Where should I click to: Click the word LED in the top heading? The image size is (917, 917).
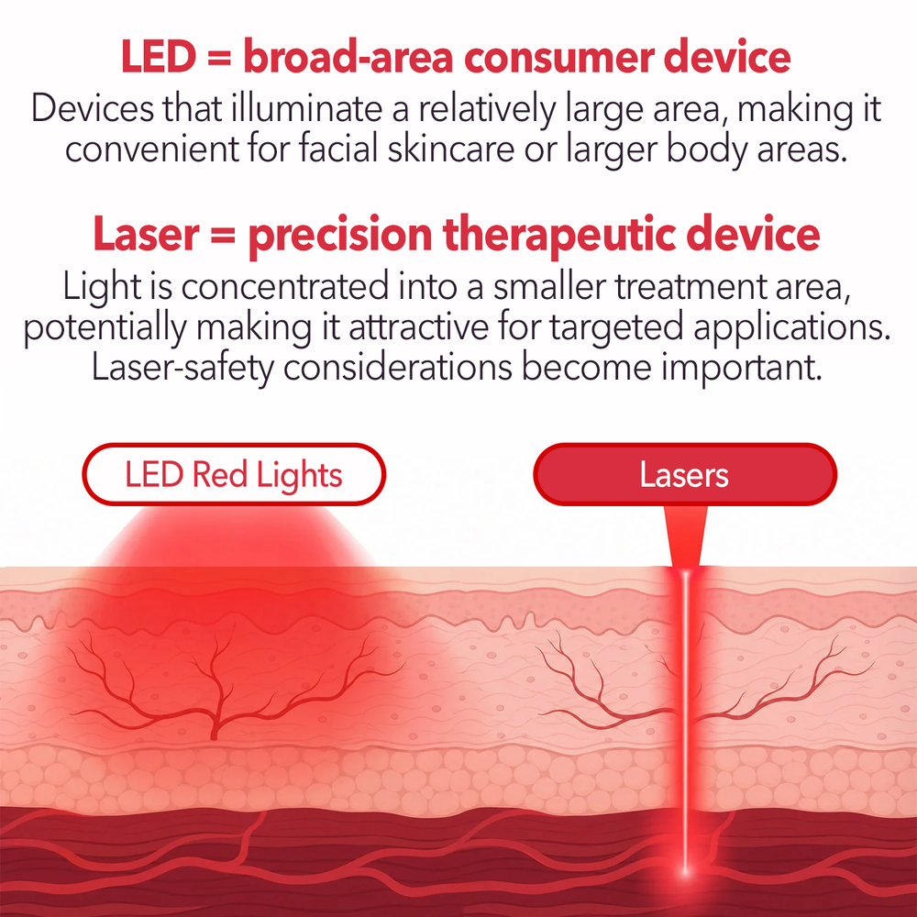tap(159, 57)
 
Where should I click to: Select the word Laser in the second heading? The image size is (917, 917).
tap(146, 235)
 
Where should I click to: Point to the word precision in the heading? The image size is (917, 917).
tap(340, 235)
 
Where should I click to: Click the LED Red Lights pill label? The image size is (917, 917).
tap(234, 474)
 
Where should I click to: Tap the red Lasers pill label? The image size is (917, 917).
tap(685, 474)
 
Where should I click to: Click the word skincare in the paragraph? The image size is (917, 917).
tap(451, 149)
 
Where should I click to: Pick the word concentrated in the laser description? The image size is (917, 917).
tap(285, 286)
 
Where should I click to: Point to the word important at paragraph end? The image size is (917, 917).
tap(742, 368)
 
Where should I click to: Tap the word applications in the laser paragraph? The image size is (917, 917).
tap(792, 327)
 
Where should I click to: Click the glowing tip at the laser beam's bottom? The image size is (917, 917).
tap(685, 871)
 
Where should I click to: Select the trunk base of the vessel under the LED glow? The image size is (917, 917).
tap(214, 733)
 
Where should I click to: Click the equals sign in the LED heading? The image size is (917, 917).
tap(219, 59)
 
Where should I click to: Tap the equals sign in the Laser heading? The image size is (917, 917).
tap(224, 237)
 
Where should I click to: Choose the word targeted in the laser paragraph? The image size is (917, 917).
tap(616, 328)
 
